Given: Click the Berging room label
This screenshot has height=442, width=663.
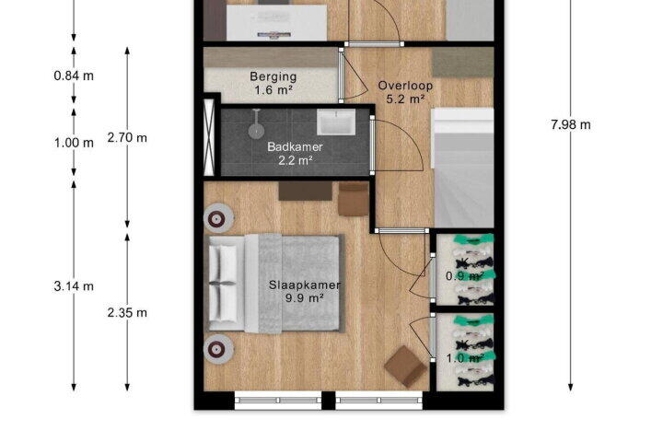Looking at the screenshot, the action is tap(273, 77).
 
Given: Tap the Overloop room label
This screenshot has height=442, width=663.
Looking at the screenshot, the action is tap(405, 86).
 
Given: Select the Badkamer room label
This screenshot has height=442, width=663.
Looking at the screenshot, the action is tap(296, 146).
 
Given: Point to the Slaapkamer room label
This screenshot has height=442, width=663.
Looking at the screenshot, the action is tap(305, 285).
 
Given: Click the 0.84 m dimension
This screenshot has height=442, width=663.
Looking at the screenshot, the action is tap(74, 76).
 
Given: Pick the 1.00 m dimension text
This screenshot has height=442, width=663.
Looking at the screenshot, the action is tap(74, 143).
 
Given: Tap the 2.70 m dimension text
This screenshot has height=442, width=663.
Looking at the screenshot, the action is tap(127, 138).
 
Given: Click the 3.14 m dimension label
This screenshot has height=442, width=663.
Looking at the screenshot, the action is tap(74, 286).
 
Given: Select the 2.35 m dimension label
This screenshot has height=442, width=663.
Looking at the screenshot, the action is tap(127, 312).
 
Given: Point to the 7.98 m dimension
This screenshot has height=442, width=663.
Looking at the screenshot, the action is tap(571, 125).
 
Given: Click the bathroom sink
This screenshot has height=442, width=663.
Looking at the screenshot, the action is tap(336, 122).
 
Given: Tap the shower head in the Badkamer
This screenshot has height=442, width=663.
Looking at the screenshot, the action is tap(256, 130).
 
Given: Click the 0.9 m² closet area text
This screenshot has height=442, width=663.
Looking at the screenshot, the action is tap(465, 276).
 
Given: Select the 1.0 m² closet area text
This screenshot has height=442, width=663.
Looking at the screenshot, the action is tap(465, 358).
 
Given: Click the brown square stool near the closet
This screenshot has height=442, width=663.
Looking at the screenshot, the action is tap(405, 366).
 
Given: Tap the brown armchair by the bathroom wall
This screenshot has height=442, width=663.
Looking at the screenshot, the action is tap(353, 199).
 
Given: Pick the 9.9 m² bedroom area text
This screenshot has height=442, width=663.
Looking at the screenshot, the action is tap(305, 298).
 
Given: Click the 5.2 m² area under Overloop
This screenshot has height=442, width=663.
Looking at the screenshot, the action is tap(405, 99).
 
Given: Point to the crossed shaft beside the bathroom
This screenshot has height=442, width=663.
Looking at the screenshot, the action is tap(209, 136).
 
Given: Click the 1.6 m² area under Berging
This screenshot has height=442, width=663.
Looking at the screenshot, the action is tap(273, 90).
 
